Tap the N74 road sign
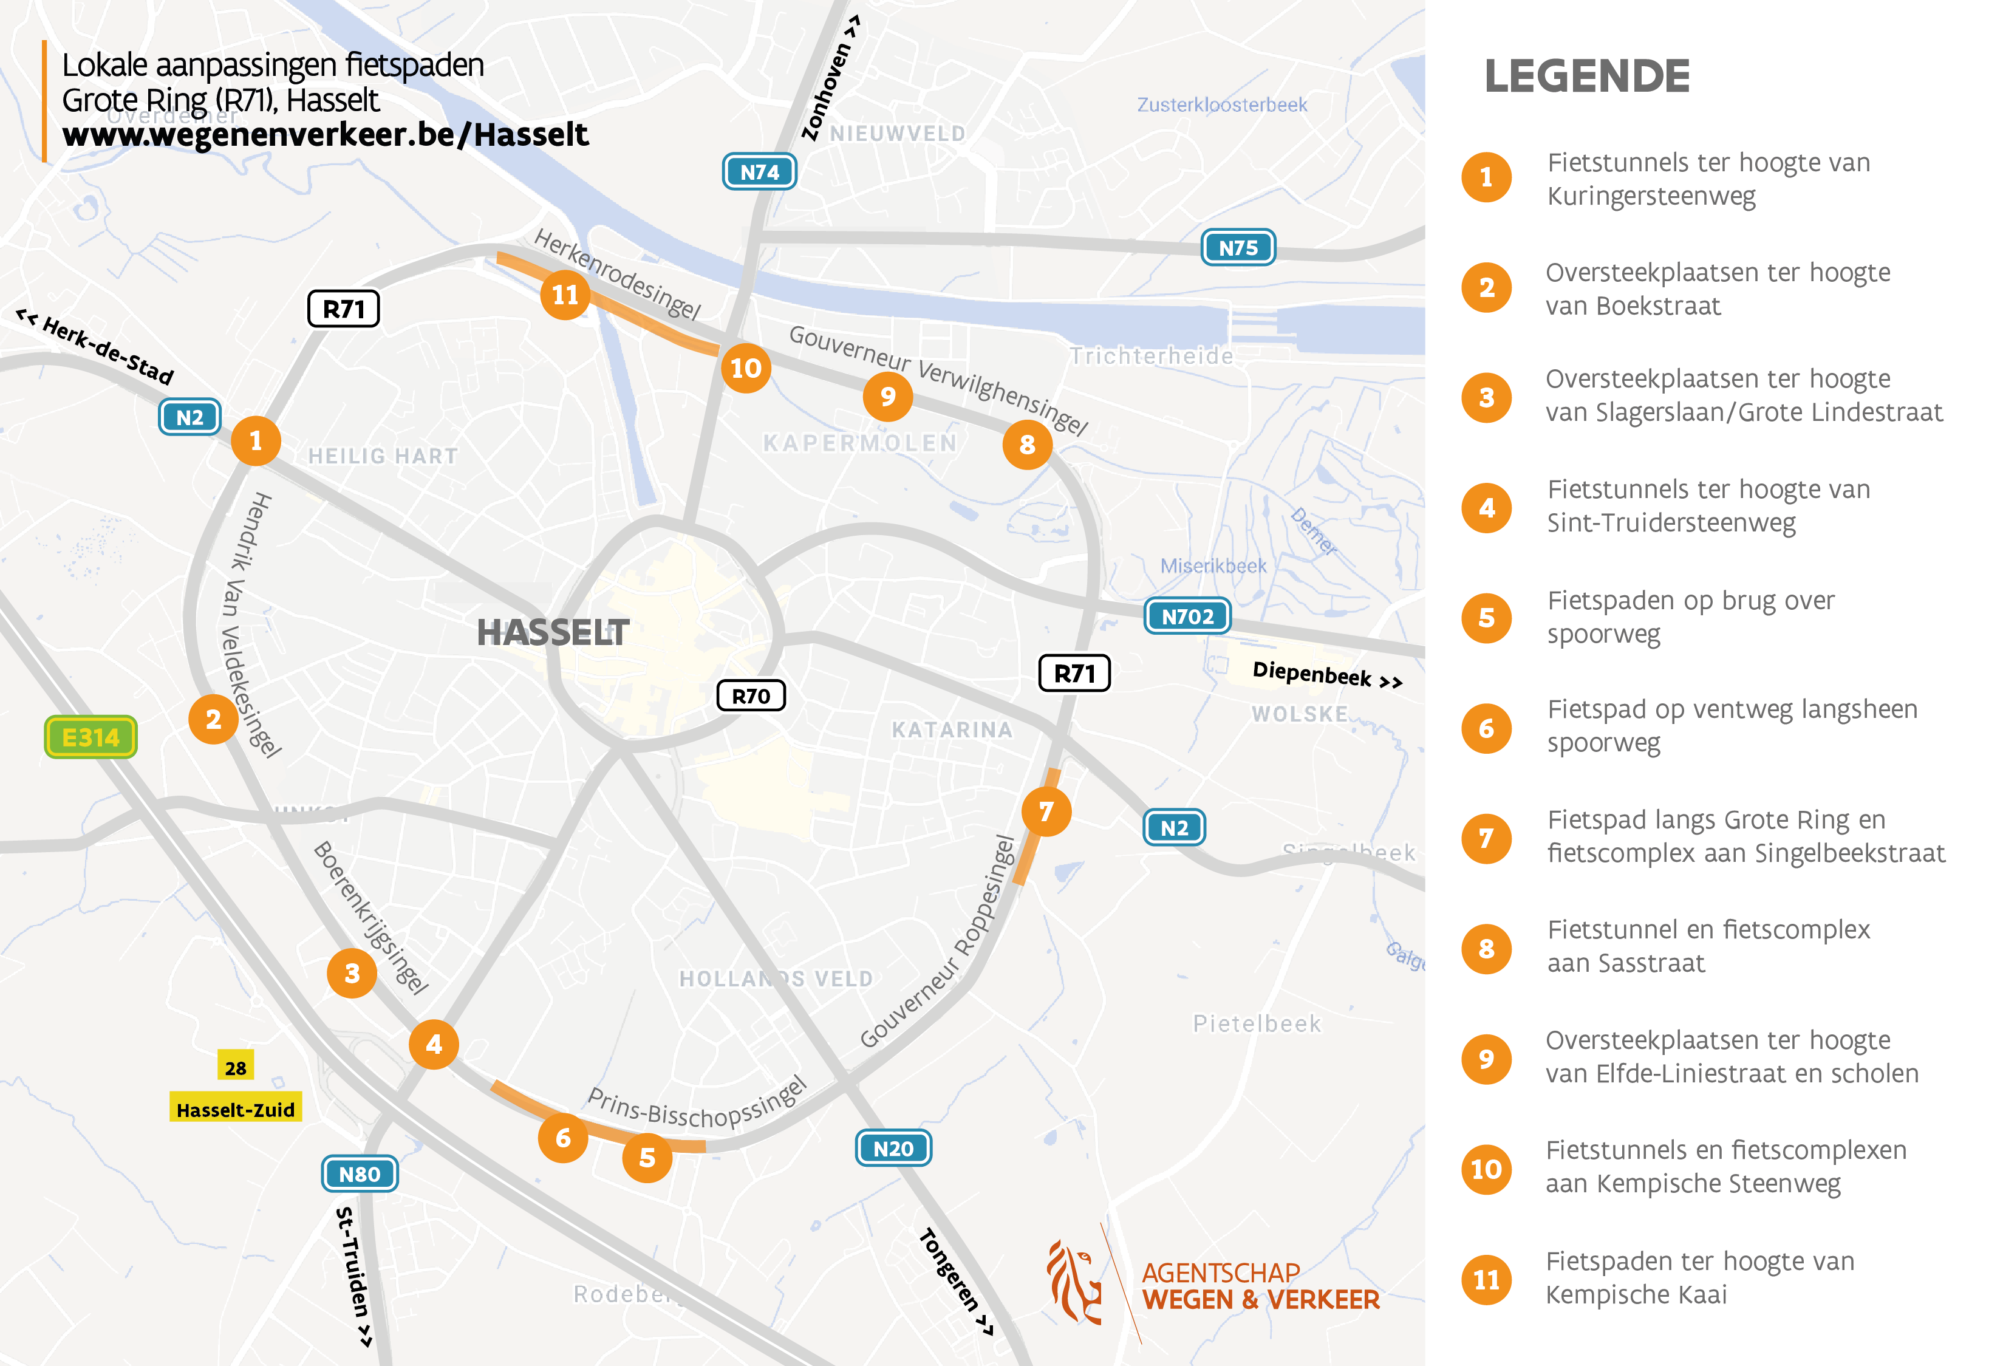[759, 171]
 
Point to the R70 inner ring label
[751, 695]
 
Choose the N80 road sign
[360, 1174]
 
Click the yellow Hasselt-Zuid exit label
[235, 1109]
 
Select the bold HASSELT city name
[553, 632]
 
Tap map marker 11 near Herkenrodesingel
[565, 295]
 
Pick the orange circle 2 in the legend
[1487, 288]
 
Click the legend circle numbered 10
[1487, 1169]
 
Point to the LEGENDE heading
[1587, 76]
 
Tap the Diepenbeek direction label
[1326, 674]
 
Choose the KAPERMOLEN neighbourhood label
[860, 443]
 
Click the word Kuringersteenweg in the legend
[1651, 197]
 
